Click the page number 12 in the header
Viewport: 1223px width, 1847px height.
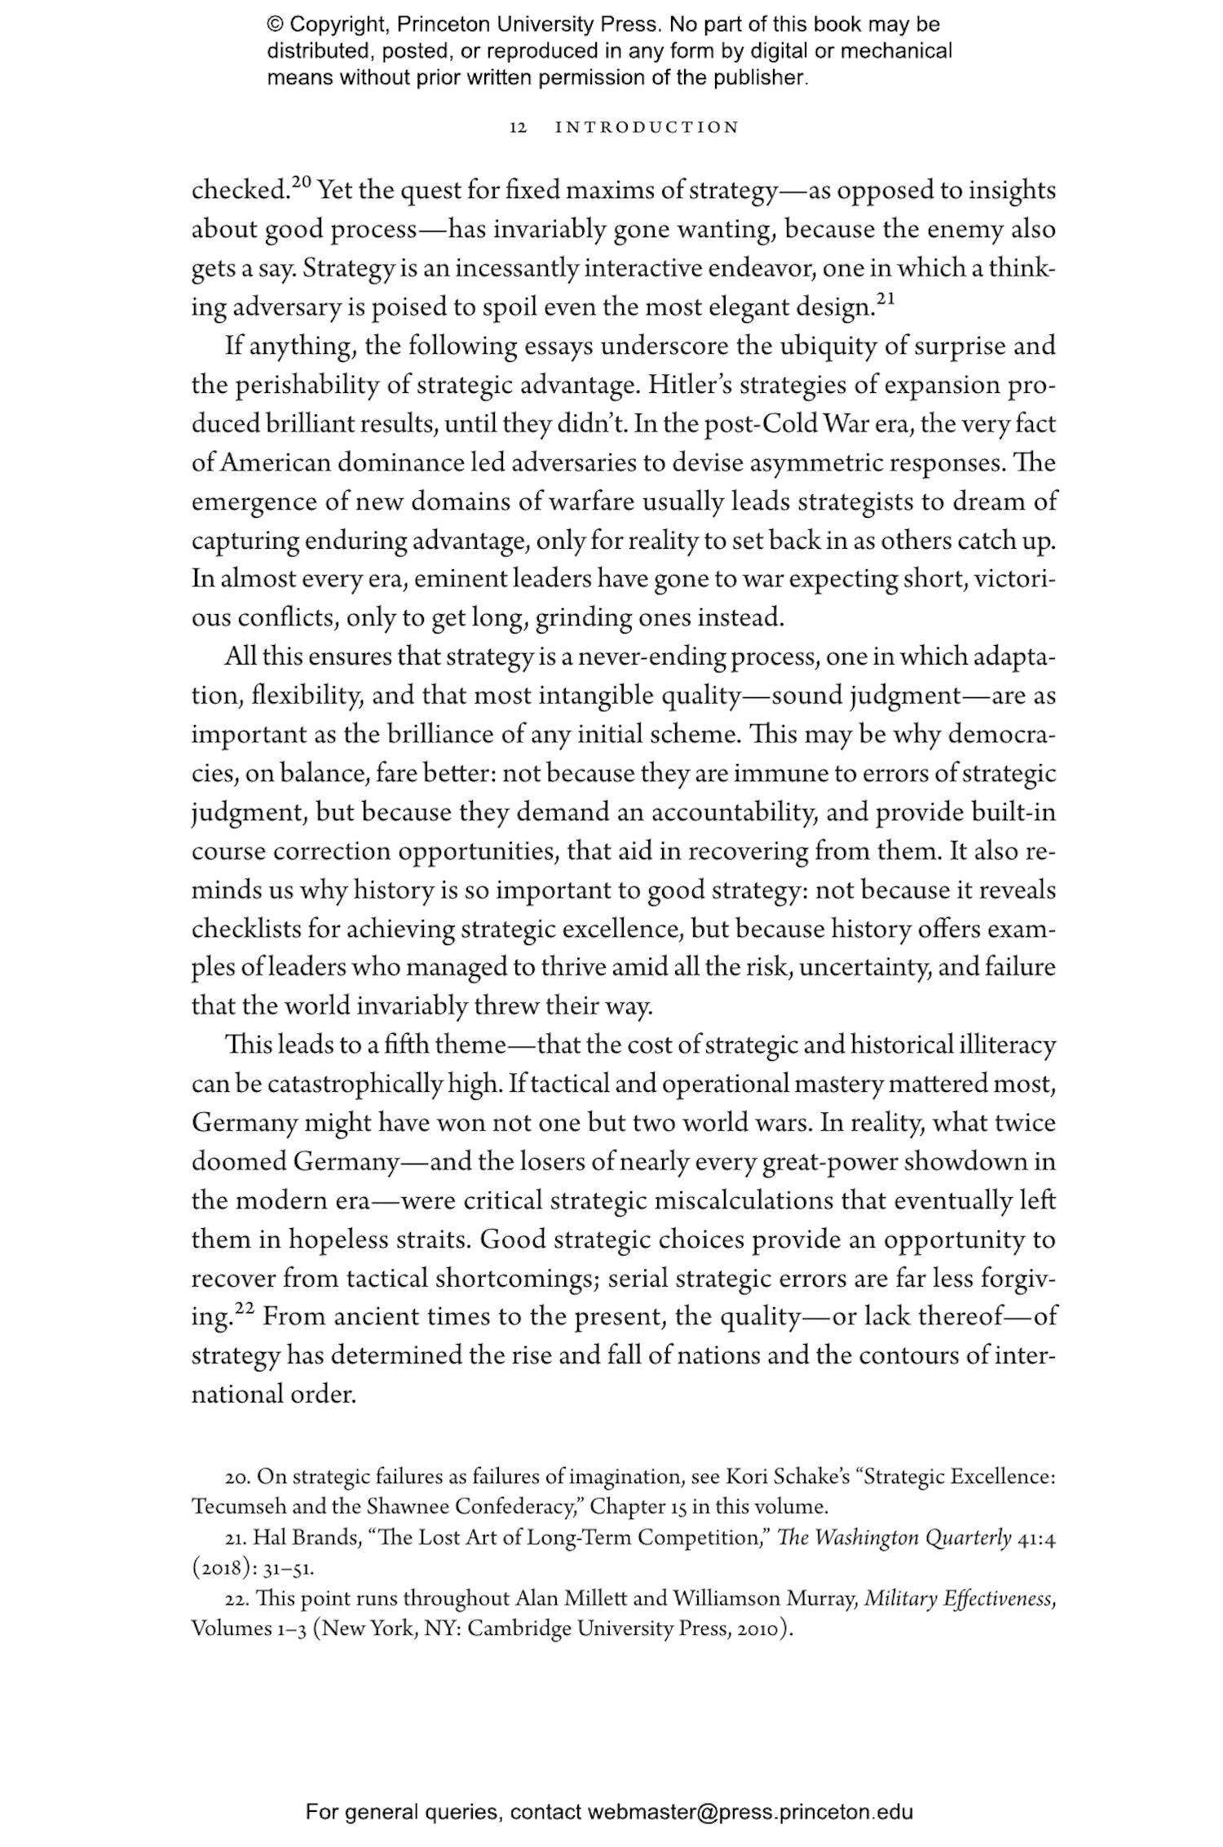519,127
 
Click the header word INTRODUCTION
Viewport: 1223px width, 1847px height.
647,127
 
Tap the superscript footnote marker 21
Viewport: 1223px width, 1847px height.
885,299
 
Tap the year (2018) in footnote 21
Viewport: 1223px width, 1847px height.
216,1567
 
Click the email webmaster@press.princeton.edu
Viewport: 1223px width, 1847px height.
749,1812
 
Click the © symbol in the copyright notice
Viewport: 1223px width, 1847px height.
275,25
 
